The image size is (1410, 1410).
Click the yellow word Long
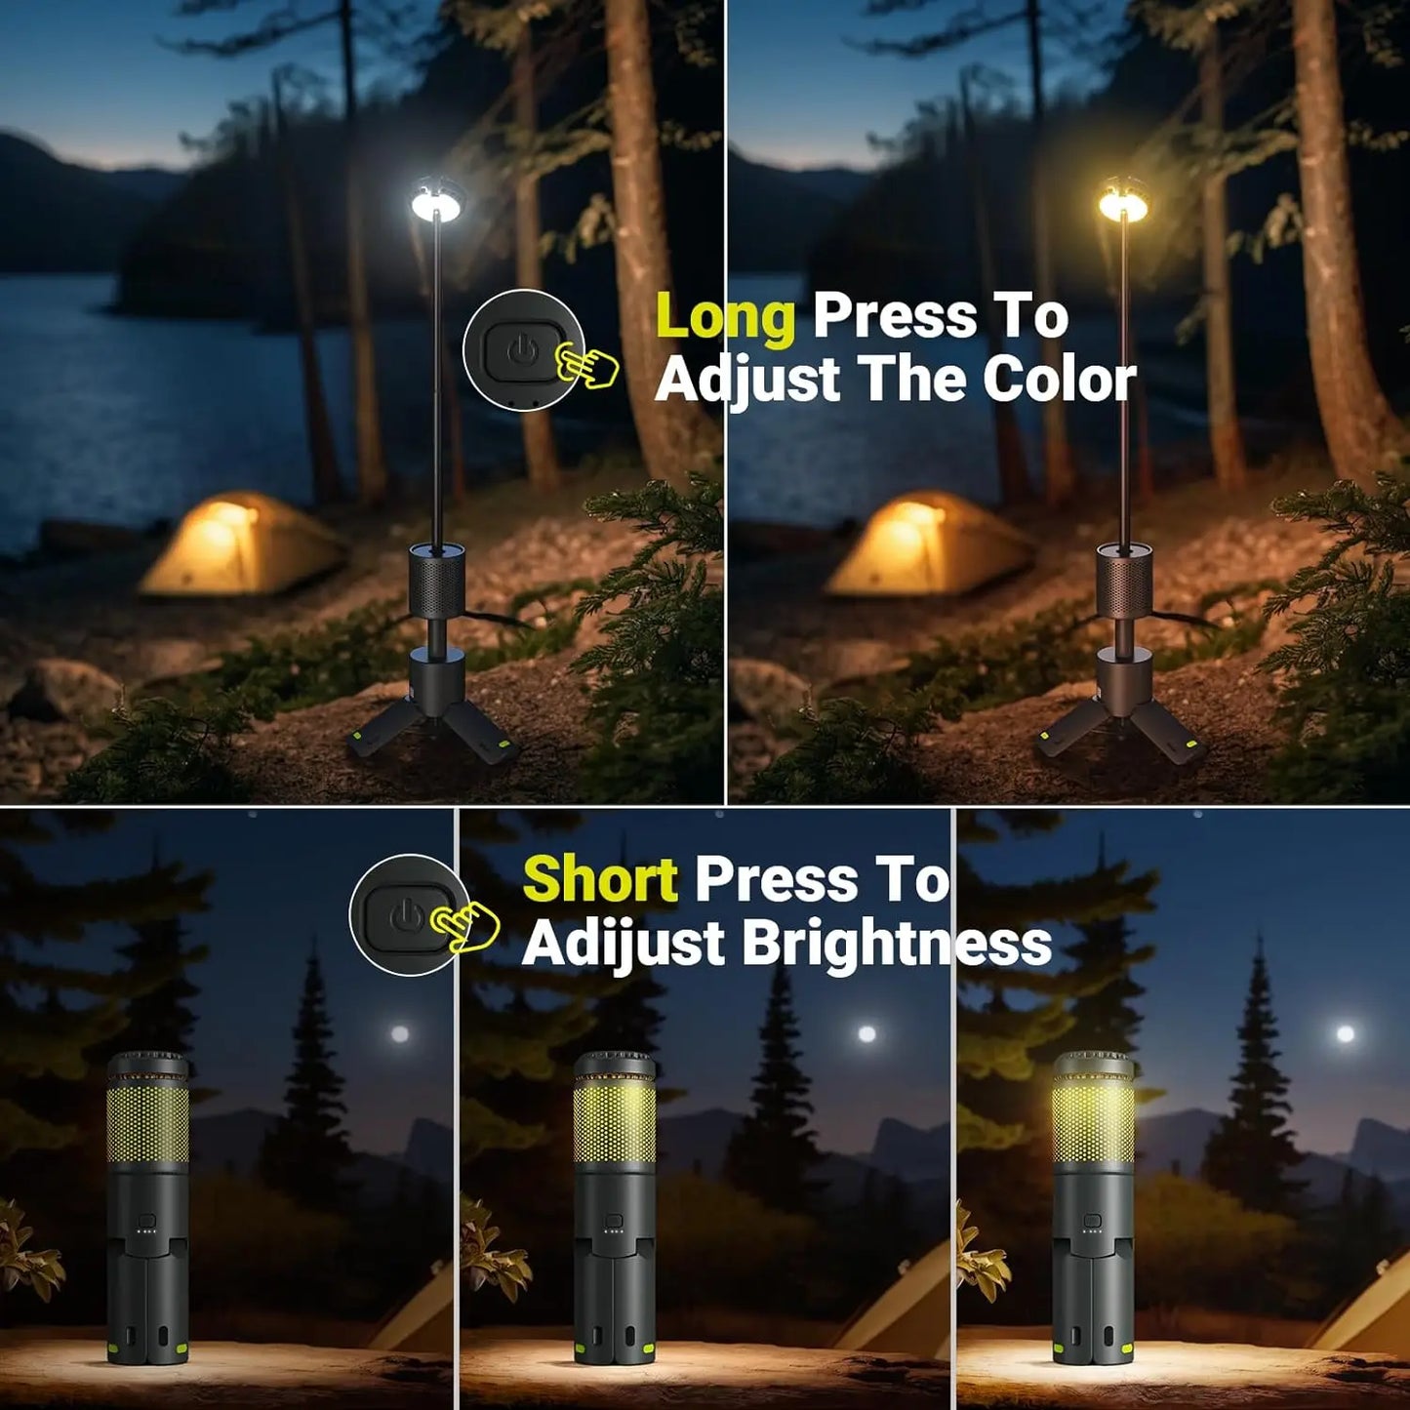pos(725,318)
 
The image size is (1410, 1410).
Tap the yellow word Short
pos(600,879)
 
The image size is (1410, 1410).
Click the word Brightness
pos(897,944)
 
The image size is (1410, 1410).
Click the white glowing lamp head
pos(437,202)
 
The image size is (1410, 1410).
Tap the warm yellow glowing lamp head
pos(1123,202)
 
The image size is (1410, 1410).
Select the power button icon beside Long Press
pos(520,348)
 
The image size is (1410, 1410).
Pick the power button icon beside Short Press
pos(406,915)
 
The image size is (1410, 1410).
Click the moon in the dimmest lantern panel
pos(399,1033)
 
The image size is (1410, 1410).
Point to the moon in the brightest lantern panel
pos(1346,1033)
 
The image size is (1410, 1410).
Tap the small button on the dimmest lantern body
pos(147,1221)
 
